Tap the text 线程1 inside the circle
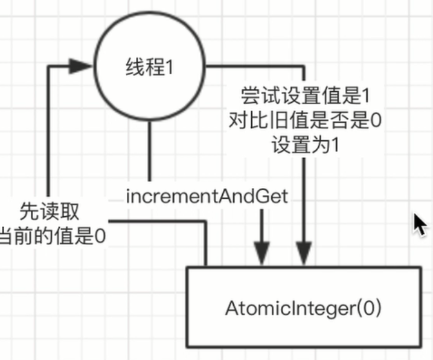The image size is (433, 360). coord(149,67)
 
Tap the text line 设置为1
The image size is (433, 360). coord(304,145)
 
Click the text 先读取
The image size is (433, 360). coord(50,211)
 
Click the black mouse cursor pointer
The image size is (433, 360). coord(419,225)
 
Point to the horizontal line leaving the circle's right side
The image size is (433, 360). coord(254,64)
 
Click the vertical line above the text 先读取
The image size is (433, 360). coord(48,133)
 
